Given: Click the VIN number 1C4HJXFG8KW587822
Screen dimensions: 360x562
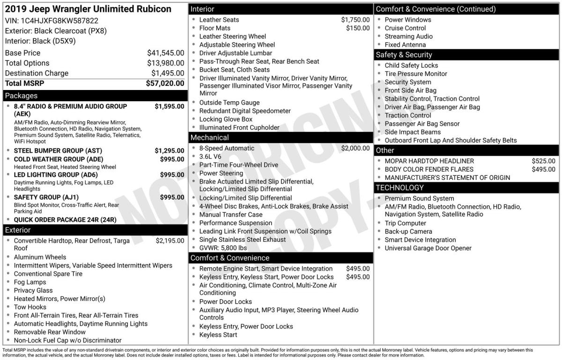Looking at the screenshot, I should tap(60, 21).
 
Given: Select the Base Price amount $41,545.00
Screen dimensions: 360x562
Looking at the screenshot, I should tap(165, 53).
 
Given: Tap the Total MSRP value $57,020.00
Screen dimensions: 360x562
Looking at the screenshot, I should tap(165, 83).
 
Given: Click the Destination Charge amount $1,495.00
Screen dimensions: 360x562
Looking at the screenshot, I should tap(167, 73).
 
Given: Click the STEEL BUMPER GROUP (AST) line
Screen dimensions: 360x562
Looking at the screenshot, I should tap(58, 150).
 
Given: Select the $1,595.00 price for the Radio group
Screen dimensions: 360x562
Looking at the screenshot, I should tap(169, 106).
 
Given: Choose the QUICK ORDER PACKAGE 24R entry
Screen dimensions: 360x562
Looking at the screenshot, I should tap(65, 219).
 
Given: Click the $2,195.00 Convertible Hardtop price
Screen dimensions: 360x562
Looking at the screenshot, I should tap(170, 240).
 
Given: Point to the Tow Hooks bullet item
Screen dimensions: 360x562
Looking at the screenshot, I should tap(30, 307).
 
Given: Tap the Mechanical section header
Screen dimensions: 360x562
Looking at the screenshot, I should tap(209, 137).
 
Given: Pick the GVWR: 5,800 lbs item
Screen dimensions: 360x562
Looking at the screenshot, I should tap(223, 247).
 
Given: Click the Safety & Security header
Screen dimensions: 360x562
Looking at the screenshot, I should tap(404, 55).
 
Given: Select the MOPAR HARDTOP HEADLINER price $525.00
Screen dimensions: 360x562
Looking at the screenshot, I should tap(543, 161).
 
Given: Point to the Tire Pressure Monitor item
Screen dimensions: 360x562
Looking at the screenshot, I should tap(416, 74).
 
